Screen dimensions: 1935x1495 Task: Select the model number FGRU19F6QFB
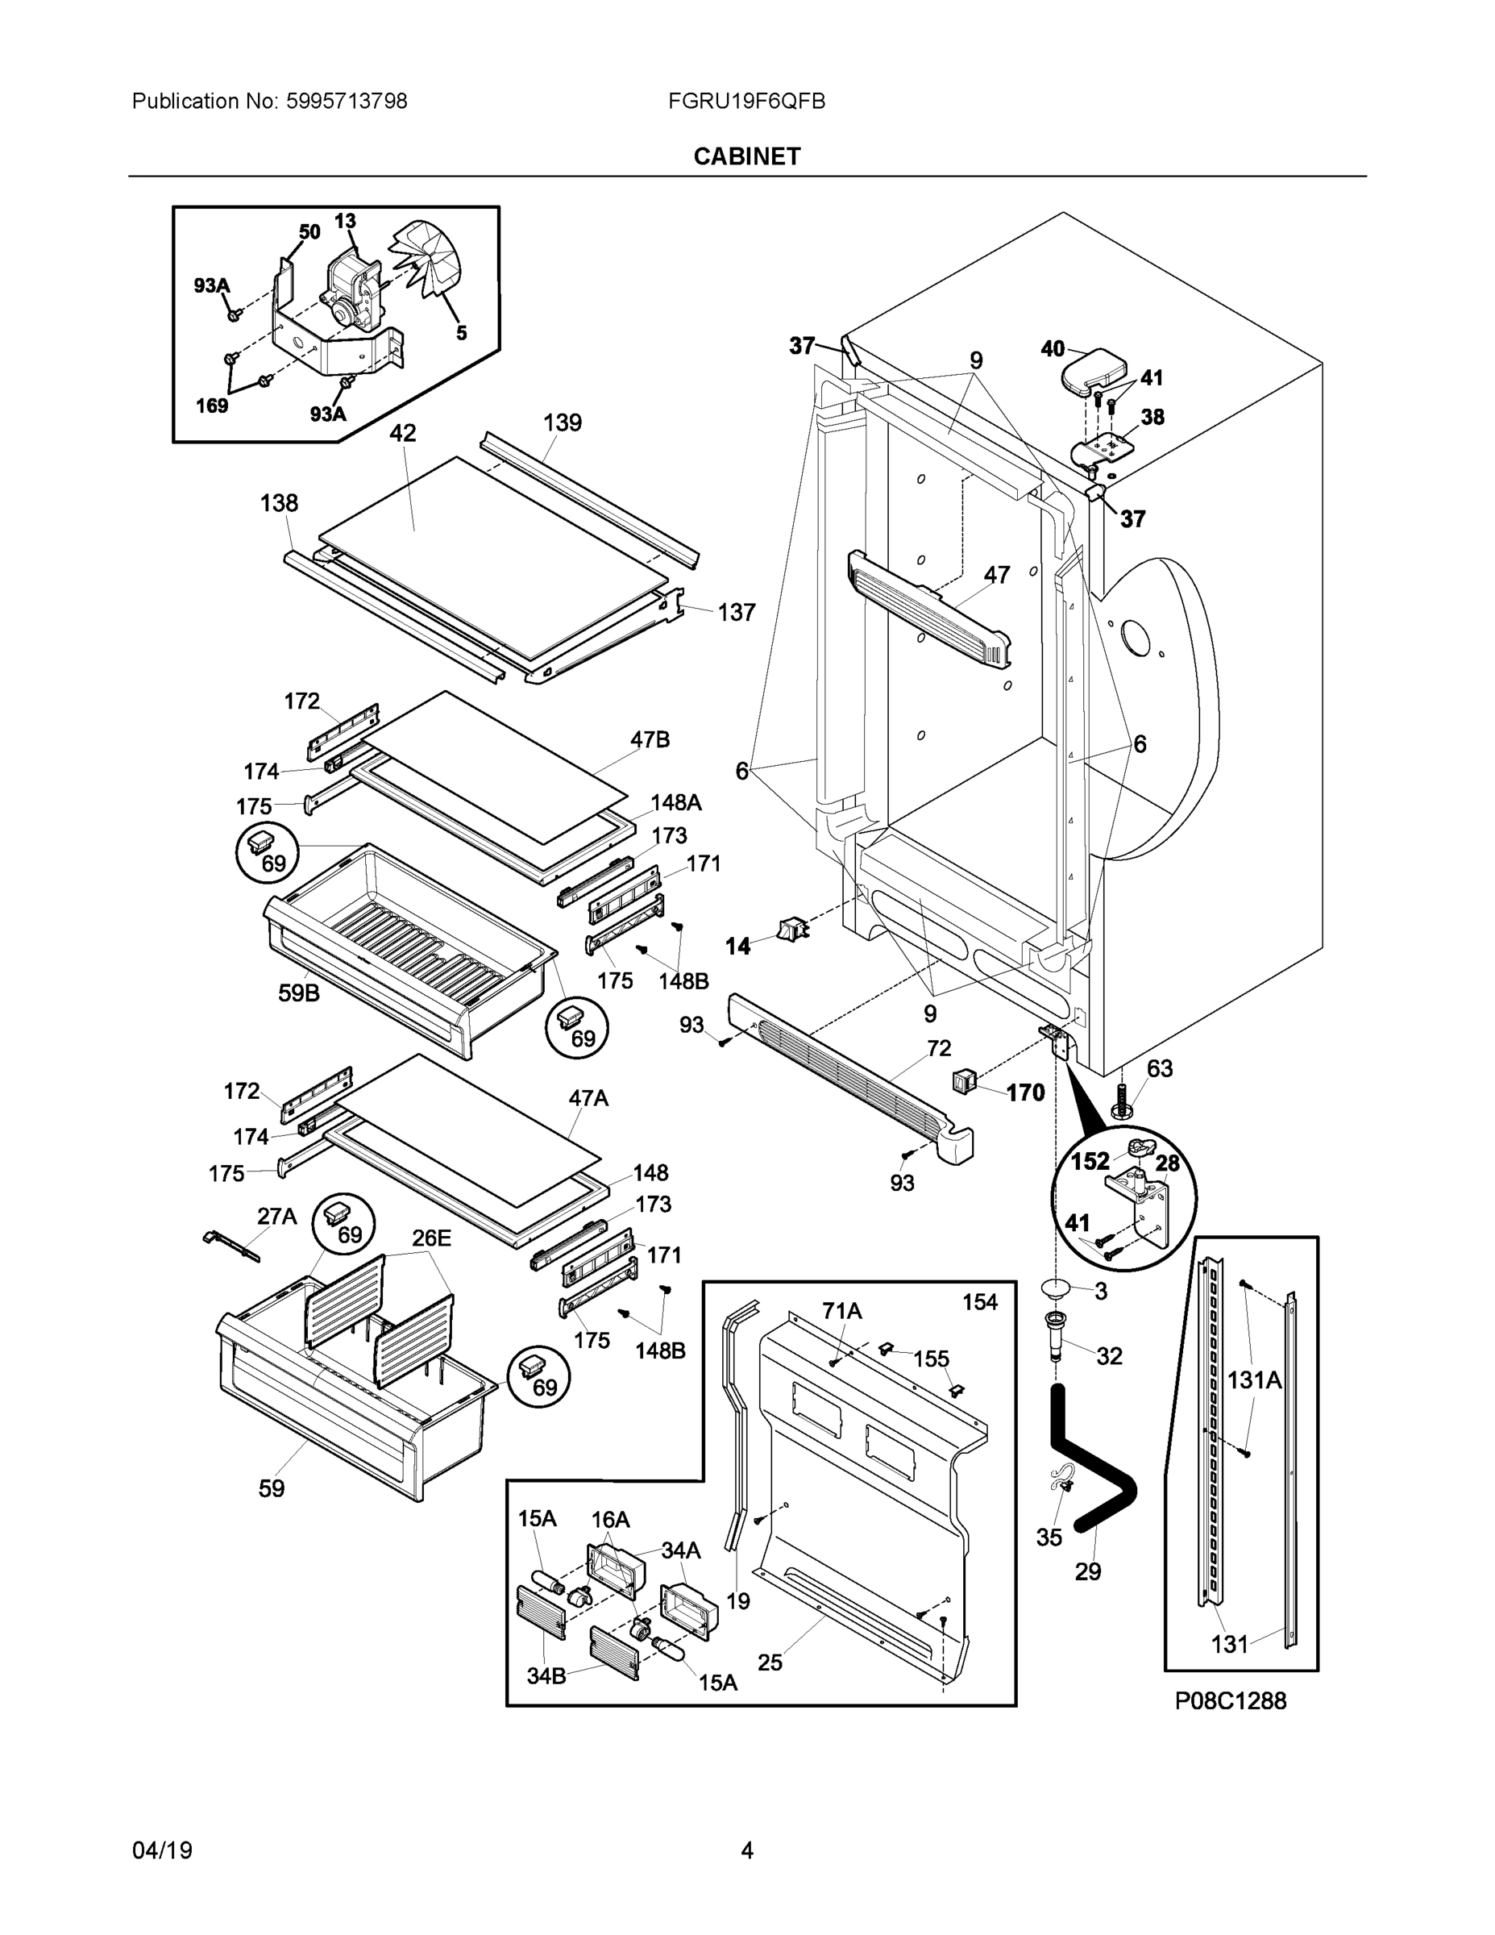[x=746, y=101]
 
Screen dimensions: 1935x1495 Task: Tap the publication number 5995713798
[x=347, y=101]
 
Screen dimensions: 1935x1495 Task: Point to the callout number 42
[x=403, y=433]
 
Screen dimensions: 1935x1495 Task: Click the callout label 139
[x=563, y=422]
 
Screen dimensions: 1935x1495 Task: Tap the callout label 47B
[x=650, y=740]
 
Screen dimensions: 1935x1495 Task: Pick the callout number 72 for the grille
[x=939, y=1048]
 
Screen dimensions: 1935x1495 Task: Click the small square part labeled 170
[x=964, y=1080]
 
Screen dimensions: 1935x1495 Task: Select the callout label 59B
[x=299, y=993]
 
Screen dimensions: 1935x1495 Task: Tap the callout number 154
[x=979, y=1301]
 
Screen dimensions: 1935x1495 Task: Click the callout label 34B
[x=546, y=1675]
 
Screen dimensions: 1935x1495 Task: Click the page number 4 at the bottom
[x=746, y=1850]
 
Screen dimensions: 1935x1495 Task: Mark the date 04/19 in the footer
[x=162, y=1850]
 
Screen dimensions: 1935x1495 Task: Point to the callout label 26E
[x=431, y=1238]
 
